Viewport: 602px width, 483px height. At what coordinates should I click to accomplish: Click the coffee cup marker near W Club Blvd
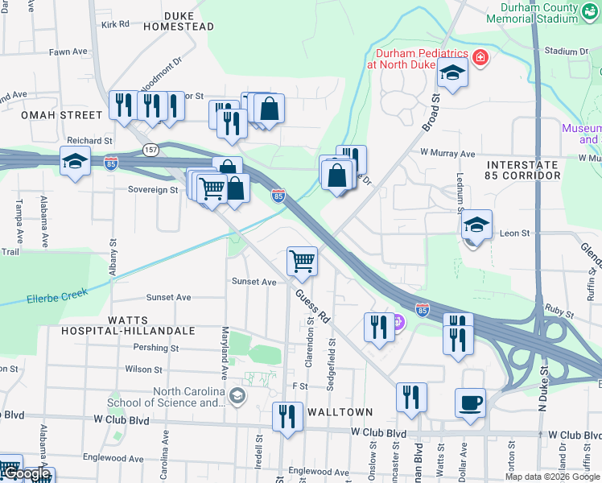click(470, 402)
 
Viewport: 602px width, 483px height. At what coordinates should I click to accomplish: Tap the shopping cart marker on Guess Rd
click(302, 259)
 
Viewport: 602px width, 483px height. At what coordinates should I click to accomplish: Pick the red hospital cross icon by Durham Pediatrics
click(480, 57)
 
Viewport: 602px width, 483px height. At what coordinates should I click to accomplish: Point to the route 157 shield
click(151, 151)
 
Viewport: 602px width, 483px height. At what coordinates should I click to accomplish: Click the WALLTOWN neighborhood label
click(344, 412)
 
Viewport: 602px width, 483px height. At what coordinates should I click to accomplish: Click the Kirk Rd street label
click(115, 24)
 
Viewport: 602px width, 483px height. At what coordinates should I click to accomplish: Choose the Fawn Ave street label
click(68, 52)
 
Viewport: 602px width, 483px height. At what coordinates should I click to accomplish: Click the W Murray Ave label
click(447, 153)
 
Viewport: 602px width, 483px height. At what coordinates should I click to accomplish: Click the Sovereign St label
click(152, 190)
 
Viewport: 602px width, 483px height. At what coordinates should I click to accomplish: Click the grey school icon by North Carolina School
click(237, 394)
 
